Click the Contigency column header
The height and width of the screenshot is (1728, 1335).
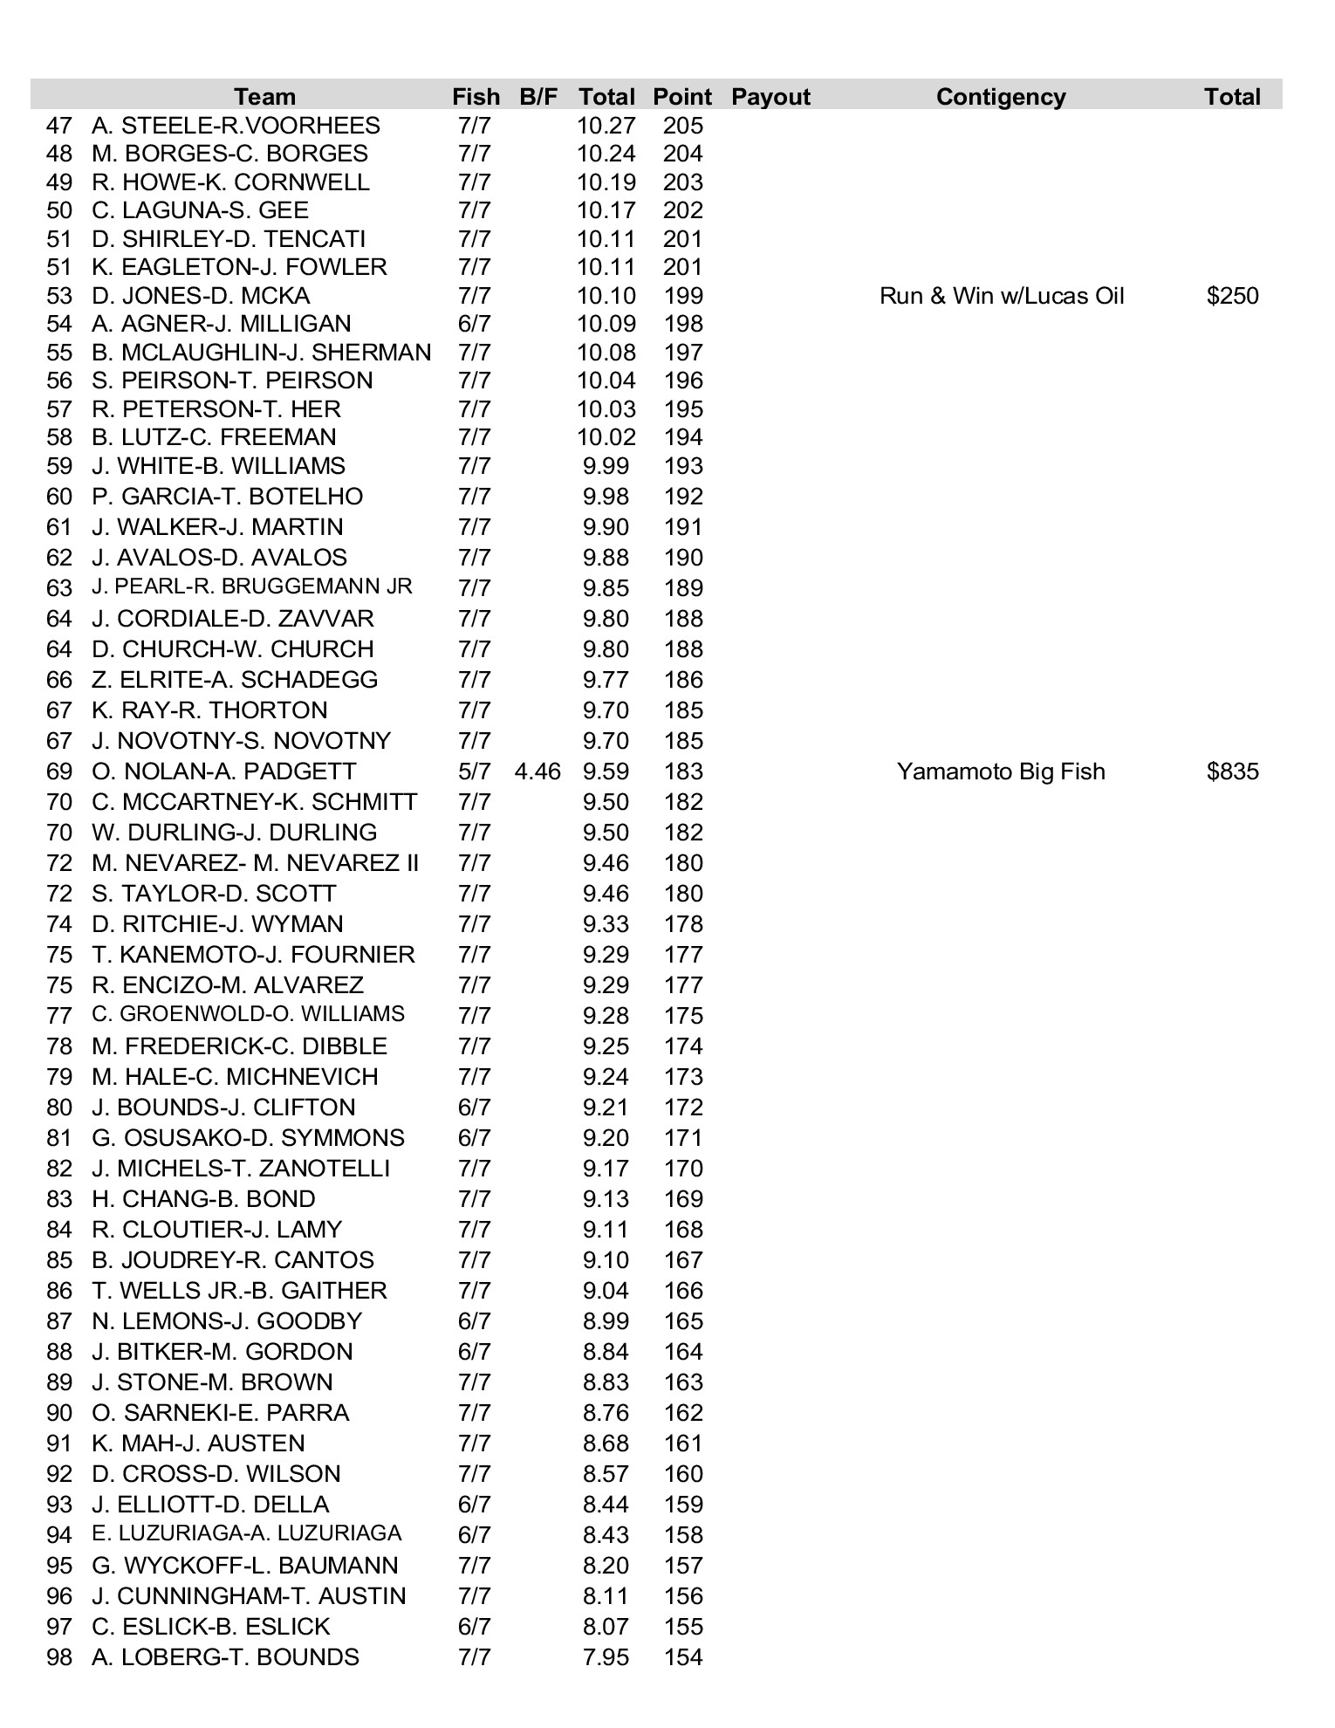click(x=1000, y=97)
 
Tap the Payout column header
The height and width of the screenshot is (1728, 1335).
click(x=770, y=97)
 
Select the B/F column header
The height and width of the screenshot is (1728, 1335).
click(x=537, y=97)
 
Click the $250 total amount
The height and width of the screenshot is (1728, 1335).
click(x=1232, y=296)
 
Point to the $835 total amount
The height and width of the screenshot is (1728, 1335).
click(x=1232, y=771)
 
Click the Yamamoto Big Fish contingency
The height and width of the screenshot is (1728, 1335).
click(x=1000, y=771)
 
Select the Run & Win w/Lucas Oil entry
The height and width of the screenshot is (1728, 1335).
click(x=1001, y=296)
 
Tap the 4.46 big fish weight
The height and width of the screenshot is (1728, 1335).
click(x=537, y=771)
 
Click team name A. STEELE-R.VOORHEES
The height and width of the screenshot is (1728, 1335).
click(x=236, y=126)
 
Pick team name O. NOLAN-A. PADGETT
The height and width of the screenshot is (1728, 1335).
click(x=223, y=771)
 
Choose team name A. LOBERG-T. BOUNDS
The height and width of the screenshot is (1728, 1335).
click(x=225, y=1657)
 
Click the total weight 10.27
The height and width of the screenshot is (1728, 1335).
click(x=606, y=126)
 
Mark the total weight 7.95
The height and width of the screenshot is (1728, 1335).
click(x=606, y=1657)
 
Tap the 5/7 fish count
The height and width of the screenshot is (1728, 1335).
click(x=474, y=771)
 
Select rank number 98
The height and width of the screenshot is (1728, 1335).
click(x=59, y=1657)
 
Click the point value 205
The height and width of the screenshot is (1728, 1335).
click(x=682, y=126)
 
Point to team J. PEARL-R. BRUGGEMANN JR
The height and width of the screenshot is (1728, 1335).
click(x=251, y=586)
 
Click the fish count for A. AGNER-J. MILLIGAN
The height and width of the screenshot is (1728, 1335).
click(x=474, y=324)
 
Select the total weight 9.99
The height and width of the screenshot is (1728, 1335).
click(x=606, y=466)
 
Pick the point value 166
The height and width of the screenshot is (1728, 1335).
click(x=682, y=1291)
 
